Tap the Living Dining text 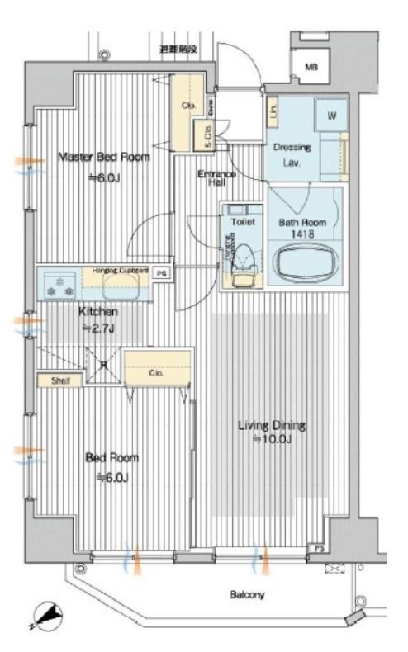pyautogui.click(x=272, y=426)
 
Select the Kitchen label pyautogui.click(x=98, y=312)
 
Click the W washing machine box pyautogui.click(x=330, y=116)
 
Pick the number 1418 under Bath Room pyautogui.click(x=301, y=235)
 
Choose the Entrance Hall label pyautogui.click(x=217, y=179)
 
